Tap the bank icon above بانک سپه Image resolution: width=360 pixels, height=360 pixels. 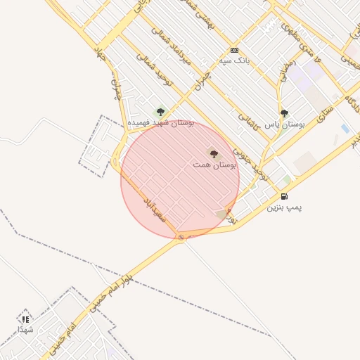tap(234, 51)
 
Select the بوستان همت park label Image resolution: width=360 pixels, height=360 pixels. tap(214, 164)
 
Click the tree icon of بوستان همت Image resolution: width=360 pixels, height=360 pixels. tap(214, 153)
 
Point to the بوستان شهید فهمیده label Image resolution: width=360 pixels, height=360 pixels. tap(160, 122)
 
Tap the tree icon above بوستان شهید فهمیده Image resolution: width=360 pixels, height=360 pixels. tap(160, 111)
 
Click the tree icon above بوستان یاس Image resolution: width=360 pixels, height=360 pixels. tap(284, 112)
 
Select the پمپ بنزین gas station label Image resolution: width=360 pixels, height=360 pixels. tap(284, 208)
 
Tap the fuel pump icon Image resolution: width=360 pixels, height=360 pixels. tap(284, 197)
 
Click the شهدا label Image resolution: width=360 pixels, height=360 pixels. tap(25, 329)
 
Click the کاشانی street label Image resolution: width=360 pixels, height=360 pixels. tap(250, 120)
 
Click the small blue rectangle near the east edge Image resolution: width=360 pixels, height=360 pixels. tap(345, 129)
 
